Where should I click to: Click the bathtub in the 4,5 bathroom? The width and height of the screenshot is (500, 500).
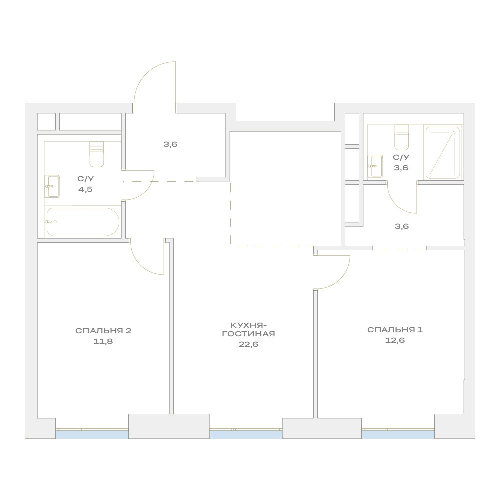point(83,222)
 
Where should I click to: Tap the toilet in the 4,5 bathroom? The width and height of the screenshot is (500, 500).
point(96,154)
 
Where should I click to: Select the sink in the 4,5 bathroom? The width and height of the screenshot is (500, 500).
point(52,186)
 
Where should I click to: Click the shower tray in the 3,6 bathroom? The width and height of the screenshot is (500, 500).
point(443,153)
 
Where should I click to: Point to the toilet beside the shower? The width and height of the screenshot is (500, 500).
point(402,137)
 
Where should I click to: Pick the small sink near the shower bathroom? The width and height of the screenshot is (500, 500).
point(375,166)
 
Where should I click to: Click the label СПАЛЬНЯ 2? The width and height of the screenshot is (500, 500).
point(103,331)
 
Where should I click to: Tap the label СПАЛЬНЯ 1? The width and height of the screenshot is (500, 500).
point(395,330)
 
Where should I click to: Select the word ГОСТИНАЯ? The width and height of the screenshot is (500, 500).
point(248,334)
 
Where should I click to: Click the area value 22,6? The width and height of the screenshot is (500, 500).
point(248,344)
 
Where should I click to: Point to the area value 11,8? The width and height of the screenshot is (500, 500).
point(103,341)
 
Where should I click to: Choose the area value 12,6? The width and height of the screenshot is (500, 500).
point(395,340)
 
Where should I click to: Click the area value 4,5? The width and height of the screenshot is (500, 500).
point(85,189)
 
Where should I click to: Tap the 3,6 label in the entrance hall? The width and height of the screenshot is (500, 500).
point(170,144)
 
